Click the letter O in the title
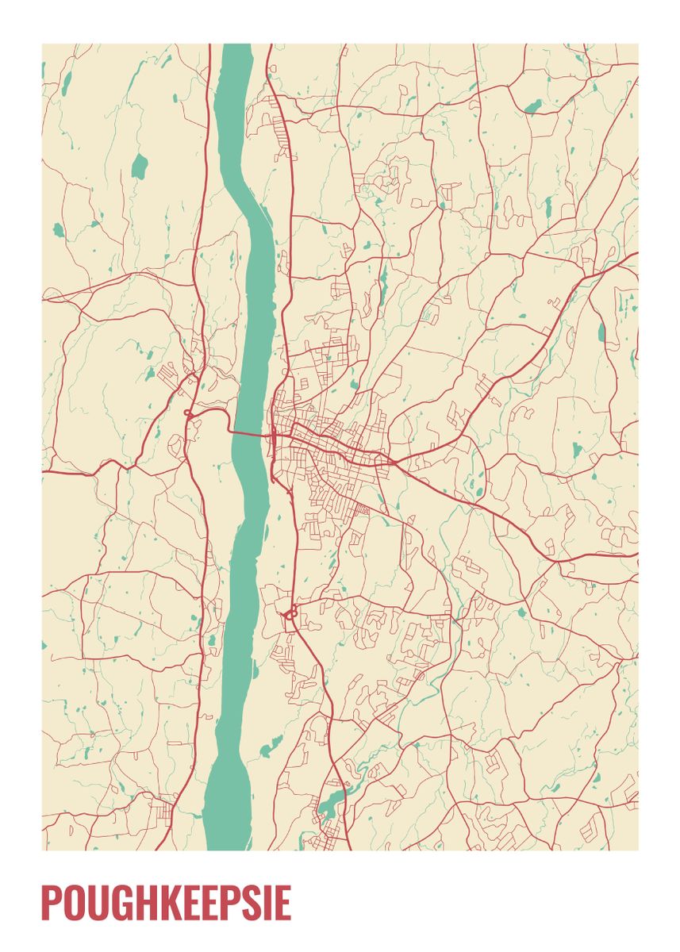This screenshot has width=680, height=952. click(71, 904)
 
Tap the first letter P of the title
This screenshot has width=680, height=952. click(50, 904)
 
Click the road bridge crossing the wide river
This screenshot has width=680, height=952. click(252, 433)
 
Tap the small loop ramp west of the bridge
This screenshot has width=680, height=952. click(189, 413)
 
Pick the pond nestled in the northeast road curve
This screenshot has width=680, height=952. click(533, 106)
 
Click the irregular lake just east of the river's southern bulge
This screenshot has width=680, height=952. click(271, 745)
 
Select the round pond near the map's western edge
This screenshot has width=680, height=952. click(58, 231)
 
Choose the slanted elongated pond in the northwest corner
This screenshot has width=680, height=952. click(67, 80)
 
